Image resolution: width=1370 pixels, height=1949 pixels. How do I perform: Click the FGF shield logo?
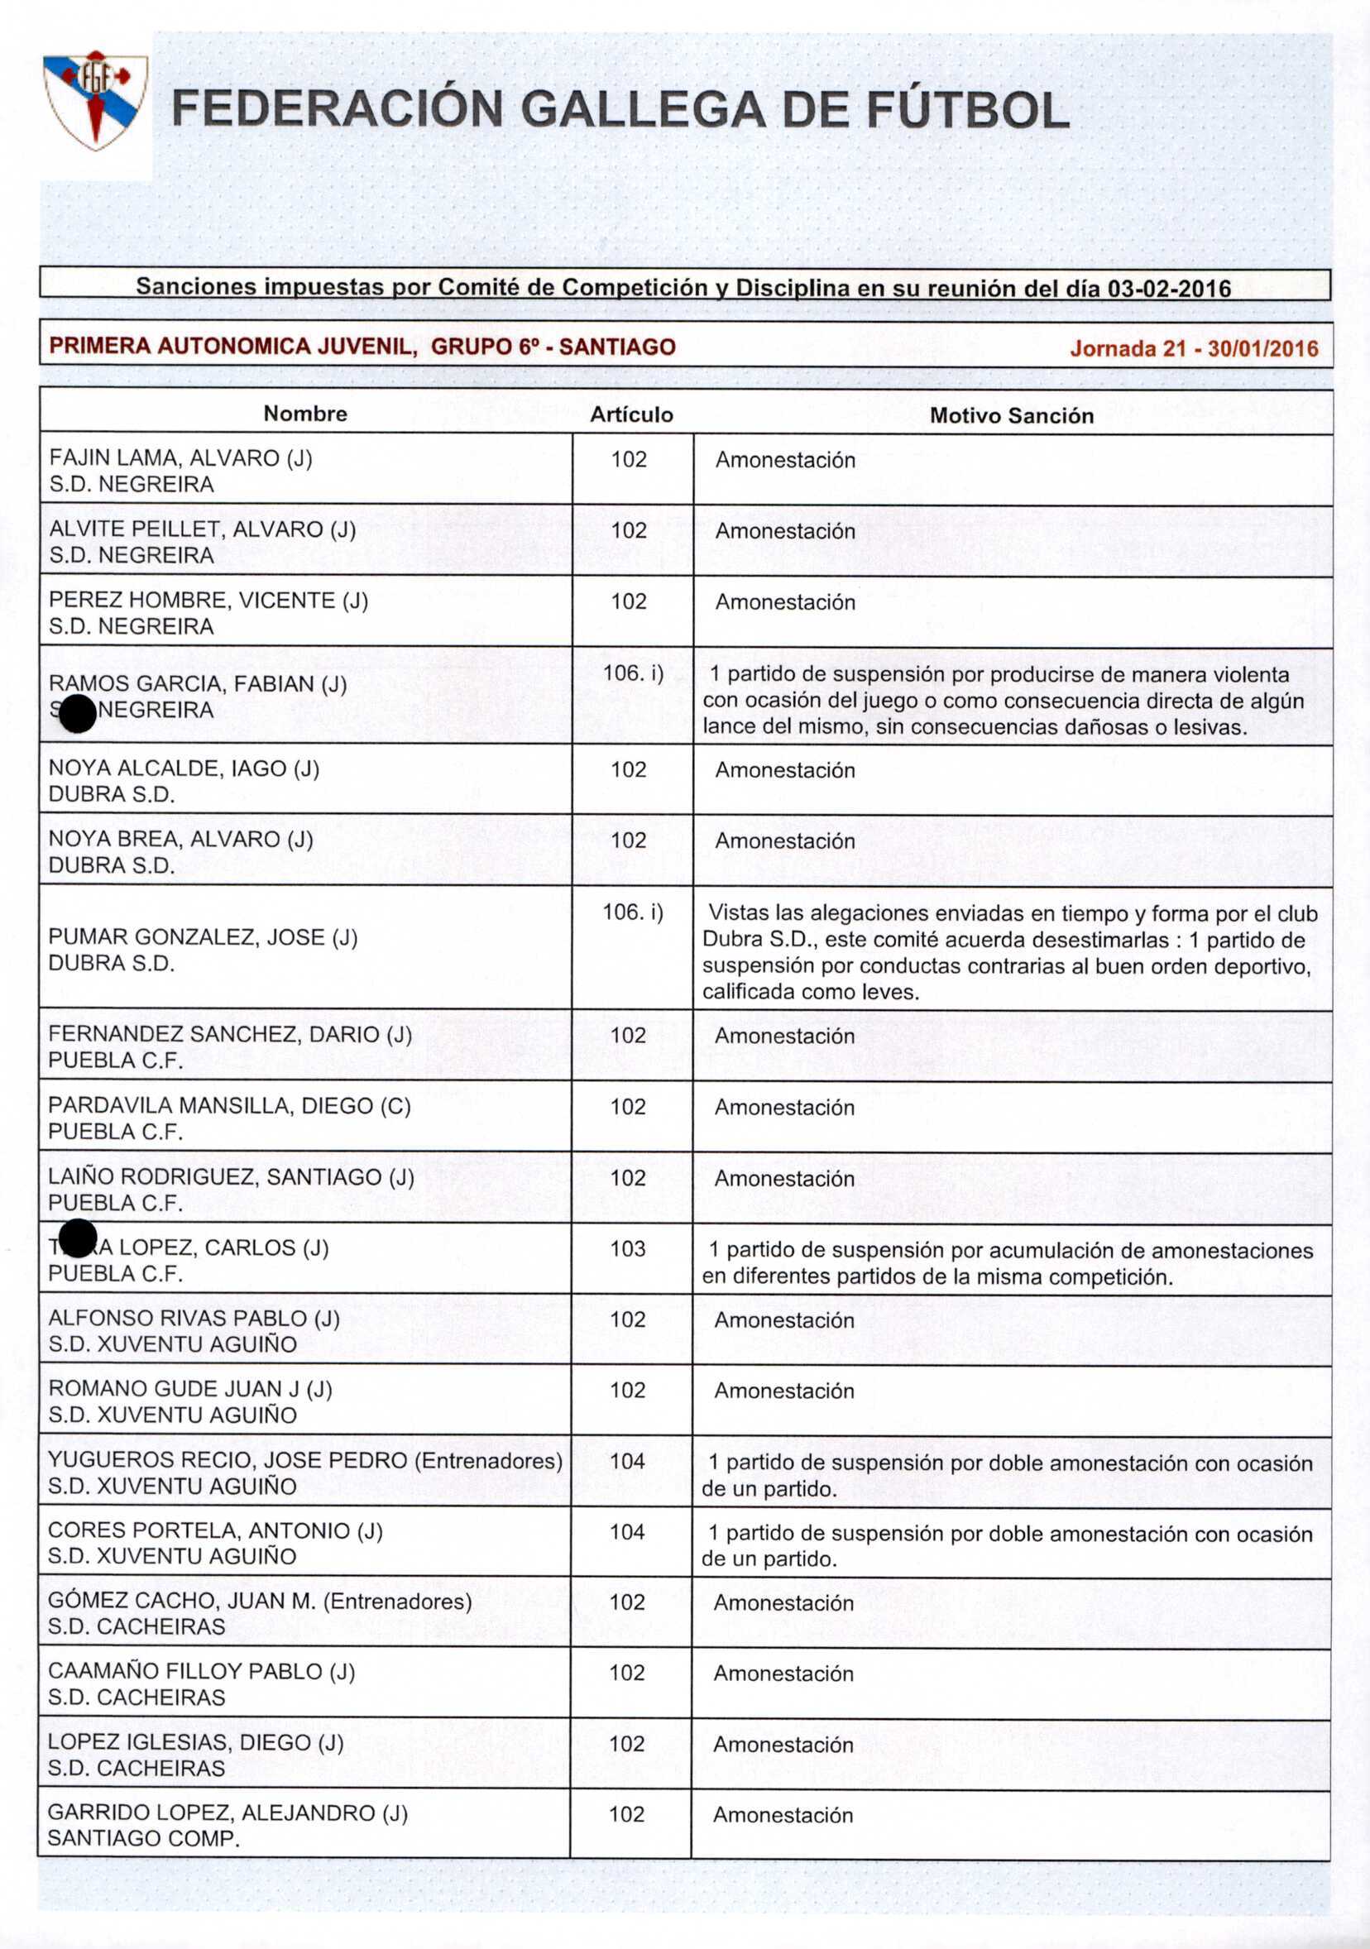[x=96, y=99]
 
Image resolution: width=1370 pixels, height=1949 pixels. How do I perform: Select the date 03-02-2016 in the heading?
[x=1169, y=289]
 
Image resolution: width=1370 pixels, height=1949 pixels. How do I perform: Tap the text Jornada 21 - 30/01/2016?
[x=1194, y=348]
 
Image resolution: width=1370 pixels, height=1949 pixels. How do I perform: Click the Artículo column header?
[x=631, y=414]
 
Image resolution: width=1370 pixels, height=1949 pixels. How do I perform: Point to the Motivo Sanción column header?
[x=1011, y=415]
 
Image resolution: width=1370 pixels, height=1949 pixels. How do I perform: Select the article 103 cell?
[x=628, y=1248]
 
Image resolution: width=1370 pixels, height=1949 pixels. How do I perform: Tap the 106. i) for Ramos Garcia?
[x=632, y=673]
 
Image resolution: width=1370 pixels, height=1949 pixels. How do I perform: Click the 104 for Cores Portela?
[x=627, y=1531]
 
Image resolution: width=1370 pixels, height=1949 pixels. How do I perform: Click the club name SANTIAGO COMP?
[x=143, y=1838]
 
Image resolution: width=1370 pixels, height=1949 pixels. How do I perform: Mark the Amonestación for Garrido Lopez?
[x=783, y=1814]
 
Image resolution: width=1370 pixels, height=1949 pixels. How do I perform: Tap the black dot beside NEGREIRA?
[x=78, y=713]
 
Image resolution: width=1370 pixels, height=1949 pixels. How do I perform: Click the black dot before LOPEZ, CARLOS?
[x=78, y=1238]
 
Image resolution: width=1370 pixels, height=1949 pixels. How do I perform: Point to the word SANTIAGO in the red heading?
[x=617, y=347]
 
